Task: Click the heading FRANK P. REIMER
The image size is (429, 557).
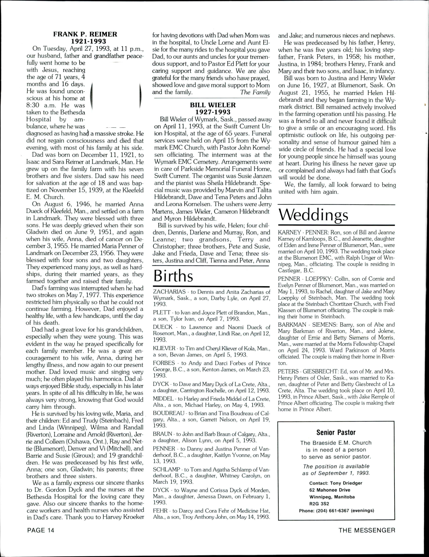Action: coord(85,34)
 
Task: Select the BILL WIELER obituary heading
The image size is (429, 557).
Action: coord(213,105)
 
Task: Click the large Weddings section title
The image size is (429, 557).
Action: coord(313,216)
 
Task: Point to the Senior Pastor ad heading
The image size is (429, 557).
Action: coord(336,432)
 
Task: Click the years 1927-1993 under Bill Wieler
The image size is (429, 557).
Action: coord(213,112)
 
